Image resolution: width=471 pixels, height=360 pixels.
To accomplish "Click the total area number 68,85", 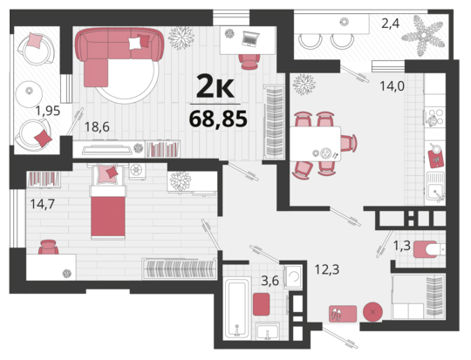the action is pyautogui.click(x=218, y=119).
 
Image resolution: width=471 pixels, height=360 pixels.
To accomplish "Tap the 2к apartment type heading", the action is pyautogui.click(x=215, y=86).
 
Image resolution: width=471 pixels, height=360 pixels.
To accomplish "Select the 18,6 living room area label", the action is pyautogui.click(x=97, y=126).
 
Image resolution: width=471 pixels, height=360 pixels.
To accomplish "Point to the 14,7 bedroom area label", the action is pyautogui.click(x=43, y=204).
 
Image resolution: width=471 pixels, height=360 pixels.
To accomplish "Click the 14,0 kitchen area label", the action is pyautogui.click(x=392, y=86).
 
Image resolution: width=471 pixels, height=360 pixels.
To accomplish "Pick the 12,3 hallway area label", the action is pyautogui.click(x=327, y=269).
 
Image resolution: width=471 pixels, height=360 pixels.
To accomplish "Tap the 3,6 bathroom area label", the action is pyautogui.click(x=270, y=281).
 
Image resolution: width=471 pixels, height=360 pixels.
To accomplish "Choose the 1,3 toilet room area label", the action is pyautogui.click(x=402, y=246).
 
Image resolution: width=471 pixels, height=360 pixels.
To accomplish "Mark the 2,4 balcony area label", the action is pyautogui.click(x=391, y=24).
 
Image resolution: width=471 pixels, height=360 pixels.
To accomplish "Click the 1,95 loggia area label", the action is pyautogui.click(x=48, y=111).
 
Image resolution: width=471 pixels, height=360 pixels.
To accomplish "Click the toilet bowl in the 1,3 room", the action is pyautogui.click(x=429, y=249).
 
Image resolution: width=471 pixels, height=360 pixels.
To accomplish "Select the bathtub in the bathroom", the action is pyautogui.click(x=238, y=309).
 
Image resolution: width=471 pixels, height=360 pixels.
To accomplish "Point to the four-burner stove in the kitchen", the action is pyautogui.click(x=435, y=117).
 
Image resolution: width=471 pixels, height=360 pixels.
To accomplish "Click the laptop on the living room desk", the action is pyautogui.click(x=251, y=39).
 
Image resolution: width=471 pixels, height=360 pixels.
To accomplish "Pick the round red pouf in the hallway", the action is pyautogui.click(x=372, y=312).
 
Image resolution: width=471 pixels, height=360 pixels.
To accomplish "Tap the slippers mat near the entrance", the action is pyautogui.click(x=343, y=314).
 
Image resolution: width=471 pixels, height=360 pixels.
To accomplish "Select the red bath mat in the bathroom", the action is pyautogui.click(x=261, y=304).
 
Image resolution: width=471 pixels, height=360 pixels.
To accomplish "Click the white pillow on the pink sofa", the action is pyautogui.click(x=135, y=44).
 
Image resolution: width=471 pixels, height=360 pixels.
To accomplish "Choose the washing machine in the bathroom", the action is pyautogui.click(x=293, y=277).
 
